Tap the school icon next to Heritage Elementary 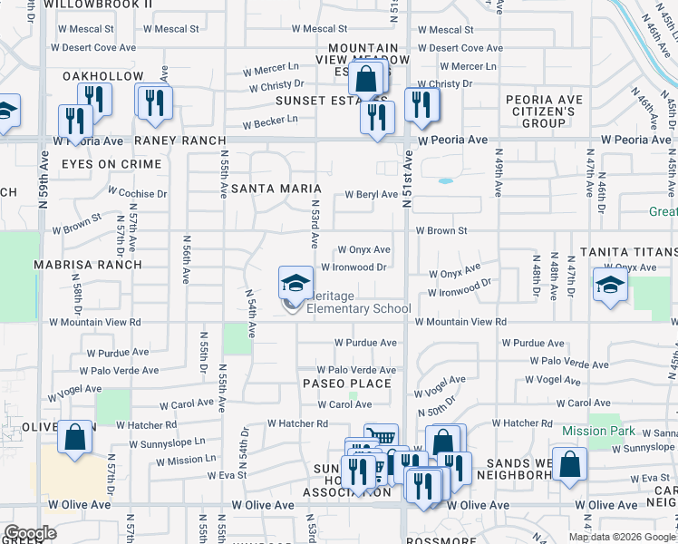[x=295, y=285]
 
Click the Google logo [x=30, y=533]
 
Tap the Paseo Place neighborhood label [x=347, y=384]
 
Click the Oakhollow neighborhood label [x=102, y=76]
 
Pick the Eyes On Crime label [x=111, y=164]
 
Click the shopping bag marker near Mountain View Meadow [x=365, y=80]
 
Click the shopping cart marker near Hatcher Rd [x=381, y=439]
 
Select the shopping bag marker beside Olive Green [x=75, y=439]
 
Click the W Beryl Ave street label [x=371, y=194]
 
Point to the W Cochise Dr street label [x=138, y=193]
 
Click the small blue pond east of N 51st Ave [x=445, y=180]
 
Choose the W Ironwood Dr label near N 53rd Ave [x=354, y=267]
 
